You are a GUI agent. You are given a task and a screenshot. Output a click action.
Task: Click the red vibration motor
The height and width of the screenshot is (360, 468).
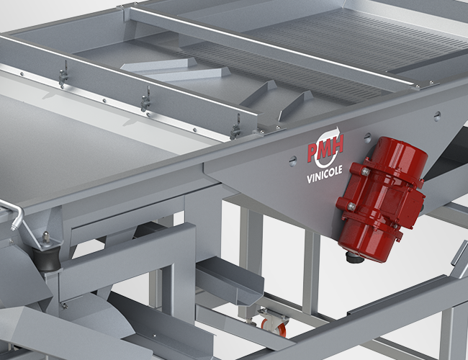[x=382, y=199]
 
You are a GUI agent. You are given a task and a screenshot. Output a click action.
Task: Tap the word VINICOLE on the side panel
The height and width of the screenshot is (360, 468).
[x=325, y=174]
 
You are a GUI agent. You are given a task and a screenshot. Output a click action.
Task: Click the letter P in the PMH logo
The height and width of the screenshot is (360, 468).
[x=312, y=152]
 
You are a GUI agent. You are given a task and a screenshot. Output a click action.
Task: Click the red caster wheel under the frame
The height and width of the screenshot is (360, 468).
[x=274, y=326]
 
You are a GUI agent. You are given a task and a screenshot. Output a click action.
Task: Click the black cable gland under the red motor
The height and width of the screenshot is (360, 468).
[x=354, y=257]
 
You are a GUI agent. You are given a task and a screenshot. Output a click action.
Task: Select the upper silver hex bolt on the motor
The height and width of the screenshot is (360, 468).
[x=365, y=171]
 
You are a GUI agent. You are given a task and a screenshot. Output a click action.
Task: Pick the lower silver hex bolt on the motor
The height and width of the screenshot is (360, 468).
[x=351, y=206]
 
